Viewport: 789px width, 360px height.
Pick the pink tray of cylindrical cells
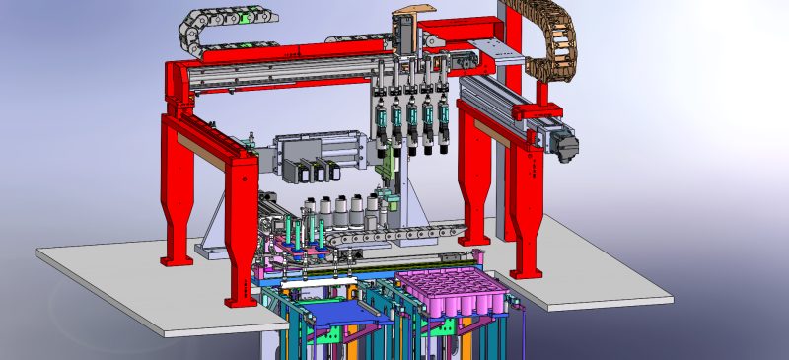(451, 293)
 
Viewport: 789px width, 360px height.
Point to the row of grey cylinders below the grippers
(340, 209)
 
